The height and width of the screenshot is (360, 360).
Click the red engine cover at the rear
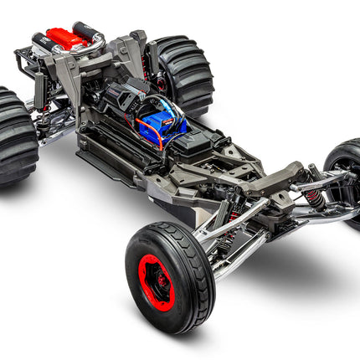pos(67,37)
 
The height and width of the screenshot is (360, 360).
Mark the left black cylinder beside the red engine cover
pos(41,39)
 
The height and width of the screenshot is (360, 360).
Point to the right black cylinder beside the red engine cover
pos(89,32)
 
